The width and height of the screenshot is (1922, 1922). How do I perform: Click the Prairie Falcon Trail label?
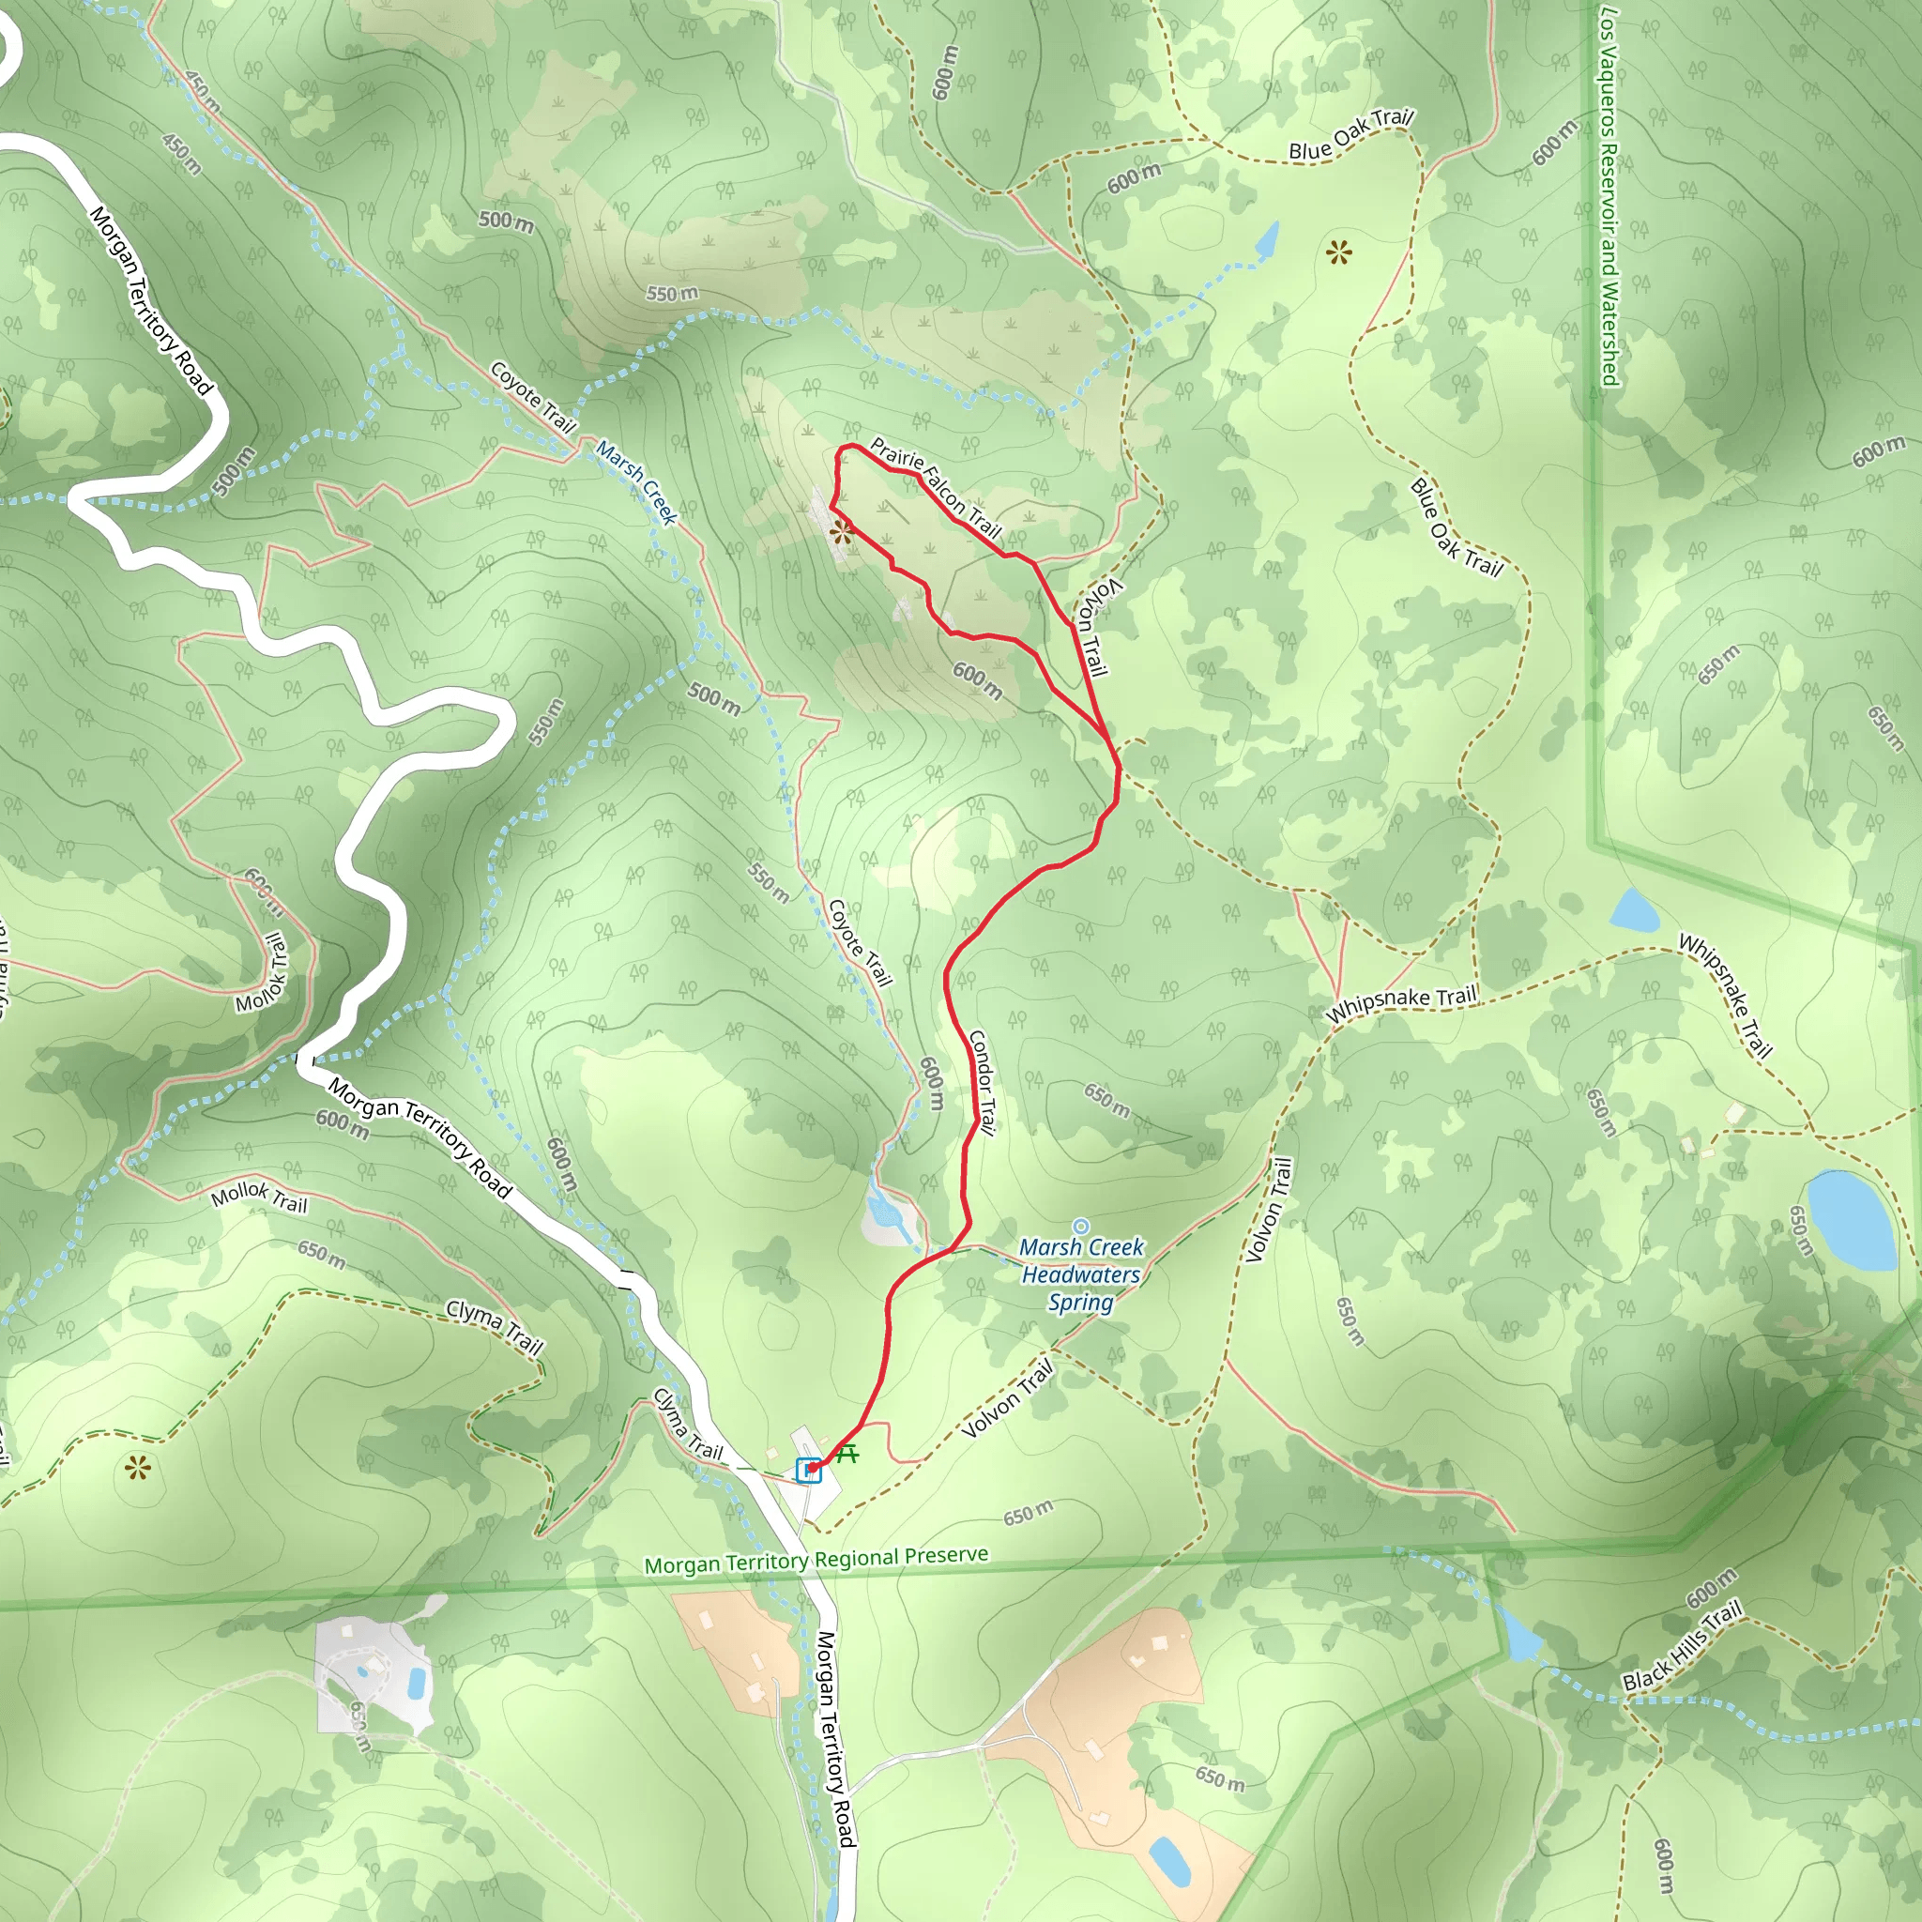click(935, 486)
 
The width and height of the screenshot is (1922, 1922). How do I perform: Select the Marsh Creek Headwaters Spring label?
click(1081, 1274)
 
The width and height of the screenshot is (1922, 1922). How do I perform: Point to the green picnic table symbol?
click(847, 1455)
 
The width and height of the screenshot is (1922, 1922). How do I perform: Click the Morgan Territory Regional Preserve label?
click(816, 1560)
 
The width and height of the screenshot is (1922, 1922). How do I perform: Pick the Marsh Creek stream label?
click(636, 482)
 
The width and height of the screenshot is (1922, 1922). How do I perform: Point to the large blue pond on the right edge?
click(1852, 1220)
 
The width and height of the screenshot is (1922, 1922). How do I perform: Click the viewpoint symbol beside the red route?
click(842, 532)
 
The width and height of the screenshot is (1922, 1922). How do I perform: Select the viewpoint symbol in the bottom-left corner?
click(137, 1468)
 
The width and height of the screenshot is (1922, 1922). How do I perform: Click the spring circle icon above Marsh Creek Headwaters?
click(1080, 1227)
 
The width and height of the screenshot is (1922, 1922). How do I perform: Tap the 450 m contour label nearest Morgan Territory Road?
click(182, 153)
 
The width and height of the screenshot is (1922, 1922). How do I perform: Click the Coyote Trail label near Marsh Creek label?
click(533, 397)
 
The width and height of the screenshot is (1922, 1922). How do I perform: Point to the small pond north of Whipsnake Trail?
click(1634, 909)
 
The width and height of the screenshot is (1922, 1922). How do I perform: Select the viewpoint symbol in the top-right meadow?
click(1339, 252)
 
